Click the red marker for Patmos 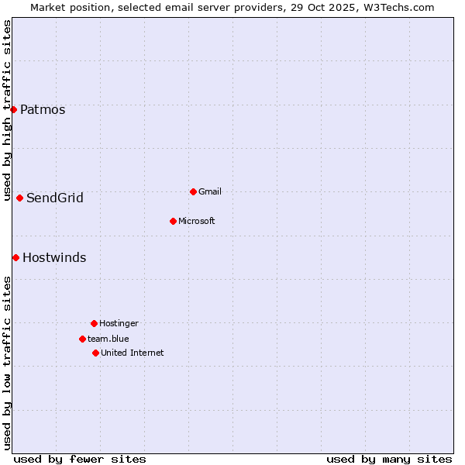point(13,109)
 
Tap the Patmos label point(43,110)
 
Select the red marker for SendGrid point(19,198)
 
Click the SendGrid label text point(55,198)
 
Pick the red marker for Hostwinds point(15,257)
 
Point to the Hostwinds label point(54,258)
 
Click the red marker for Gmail point(193,191)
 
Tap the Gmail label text point(210,192)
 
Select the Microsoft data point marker point(173,221)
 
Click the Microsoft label point(197,222)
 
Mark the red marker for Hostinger point(94,323)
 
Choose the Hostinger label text point(119,324)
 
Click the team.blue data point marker point(82,339)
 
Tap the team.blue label point(108,339)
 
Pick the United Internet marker point(95,353)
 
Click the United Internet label point(133,353)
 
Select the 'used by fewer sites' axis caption point(80,459)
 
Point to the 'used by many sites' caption point(389,459)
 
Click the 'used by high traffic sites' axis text point(7,111)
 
